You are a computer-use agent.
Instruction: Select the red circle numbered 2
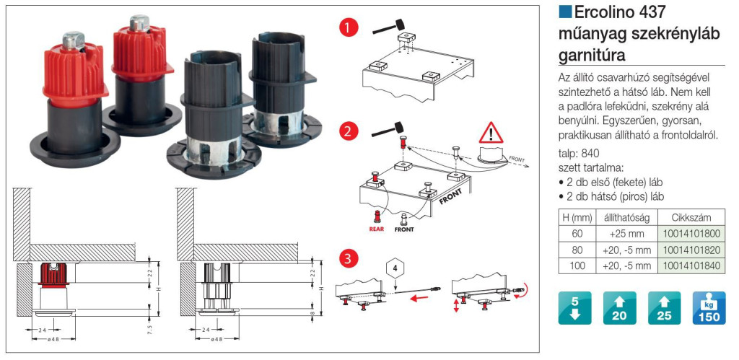point(349,132)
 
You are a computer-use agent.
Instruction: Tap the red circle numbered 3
point(349,258)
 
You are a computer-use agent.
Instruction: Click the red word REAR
point(377,230)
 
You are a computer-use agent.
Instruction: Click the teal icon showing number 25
point(664,308)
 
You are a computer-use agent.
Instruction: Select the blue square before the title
point(565,12)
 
